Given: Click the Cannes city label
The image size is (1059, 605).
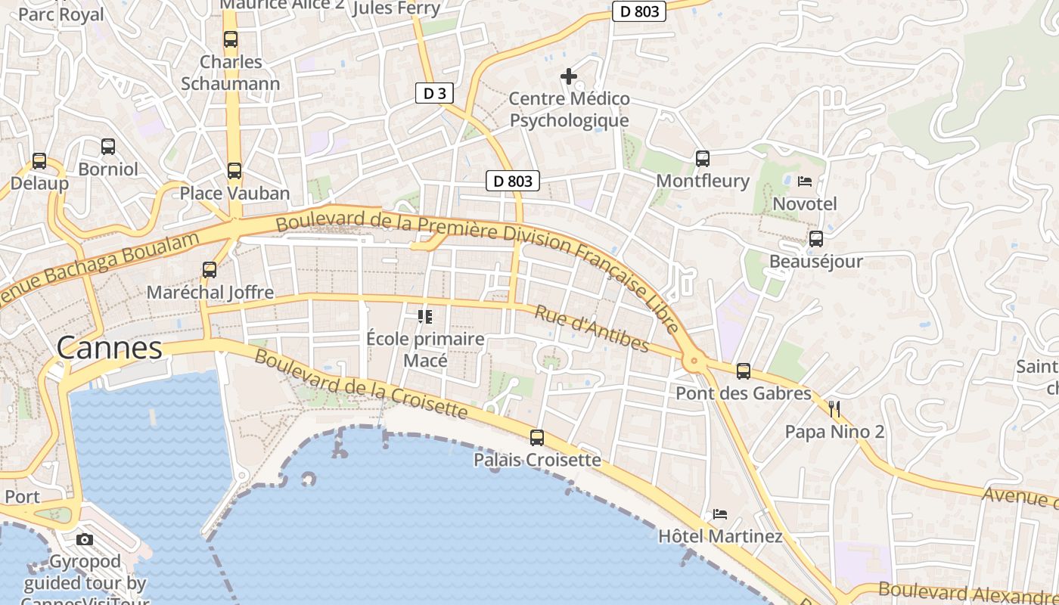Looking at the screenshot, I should coord(110,348).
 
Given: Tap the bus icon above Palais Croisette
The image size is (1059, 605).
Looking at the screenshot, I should coord(537,437).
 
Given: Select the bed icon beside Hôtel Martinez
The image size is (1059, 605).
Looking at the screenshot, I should coord(720,514).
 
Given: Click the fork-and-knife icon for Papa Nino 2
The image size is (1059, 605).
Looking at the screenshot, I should coord(834,409).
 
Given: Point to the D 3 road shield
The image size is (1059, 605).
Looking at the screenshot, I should coord(434,94).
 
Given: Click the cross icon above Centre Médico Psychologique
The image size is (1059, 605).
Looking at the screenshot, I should coord(569,76).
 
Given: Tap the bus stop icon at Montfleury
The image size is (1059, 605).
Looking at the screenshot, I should coord(703,158).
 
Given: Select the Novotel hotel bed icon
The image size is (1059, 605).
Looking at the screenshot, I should coord(805,181).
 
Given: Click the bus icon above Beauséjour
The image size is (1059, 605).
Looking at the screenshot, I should coord(816,239).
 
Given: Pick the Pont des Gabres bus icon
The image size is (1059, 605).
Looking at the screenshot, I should coord(744,371).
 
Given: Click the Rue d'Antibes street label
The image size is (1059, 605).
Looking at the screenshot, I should coord(592,329).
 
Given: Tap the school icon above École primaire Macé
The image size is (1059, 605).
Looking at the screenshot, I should coord(425,316).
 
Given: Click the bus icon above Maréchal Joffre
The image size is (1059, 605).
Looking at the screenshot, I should coord(210,269).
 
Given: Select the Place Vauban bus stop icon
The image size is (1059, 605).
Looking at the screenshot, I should coord(234,171).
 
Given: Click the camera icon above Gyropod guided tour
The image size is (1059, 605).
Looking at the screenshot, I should coord(85,539).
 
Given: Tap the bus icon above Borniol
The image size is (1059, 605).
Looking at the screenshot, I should coord(108,147).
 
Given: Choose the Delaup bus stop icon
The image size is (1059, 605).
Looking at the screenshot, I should coord(39,161).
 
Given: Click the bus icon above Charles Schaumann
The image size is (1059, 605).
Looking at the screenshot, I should coord(231,39).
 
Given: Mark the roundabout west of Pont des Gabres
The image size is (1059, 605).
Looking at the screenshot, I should coord(694,362).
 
